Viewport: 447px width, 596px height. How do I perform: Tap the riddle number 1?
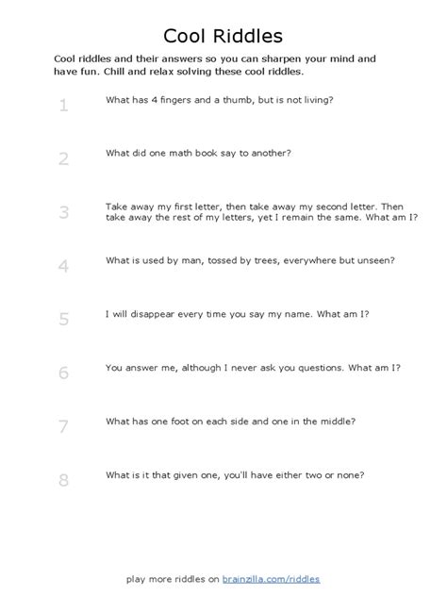click(x=63, y=105)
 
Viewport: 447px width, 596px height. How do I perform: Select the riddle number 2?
click(x=63, y=158)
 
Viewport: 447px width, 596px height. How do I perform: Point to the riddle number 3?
click(x=63, y=212)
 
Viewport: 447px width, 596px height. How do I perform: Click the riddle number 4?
click(x=63, y=266)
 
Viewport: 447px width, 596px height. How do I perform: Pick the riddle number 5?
click(x=63, y=319)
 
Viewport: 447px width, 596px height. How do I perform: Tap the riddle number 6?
click(x=63, y=372)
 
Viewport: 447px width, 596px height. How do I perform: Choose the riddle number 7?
click(x=63, y=426)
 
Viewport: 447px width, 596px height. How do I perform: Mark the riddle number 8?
click(x=63, y=480)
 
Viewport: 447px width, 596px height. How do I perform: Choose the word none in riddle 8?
click(x=349, y=474)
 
